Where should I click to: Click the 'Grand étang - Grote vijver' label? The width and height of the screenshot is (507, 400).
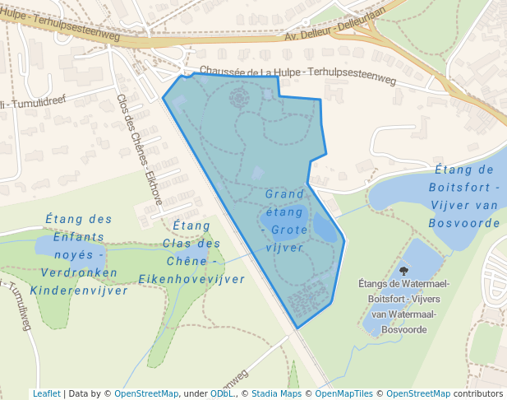pyautogui.click(x=286, y=220)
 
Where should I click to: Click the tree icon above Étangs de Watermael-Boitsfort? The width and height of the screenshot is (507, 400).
pyautogui.click(x=403, y=270)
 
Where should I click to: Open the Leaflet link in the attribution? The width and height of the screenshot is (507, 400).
pyautogui.click(x=46, y=393)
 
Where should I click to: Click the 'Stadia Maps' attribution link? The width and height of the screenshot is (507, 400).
pyautogui.click(x=276, y=393)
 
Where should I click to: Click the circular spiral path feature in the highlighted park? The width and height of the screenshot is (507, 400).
pyautogui.click(x=238, y=100)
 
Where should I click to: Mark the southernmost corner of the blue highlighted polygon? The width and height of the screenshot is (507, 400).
pyautogui.click(x=297, y=328)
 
